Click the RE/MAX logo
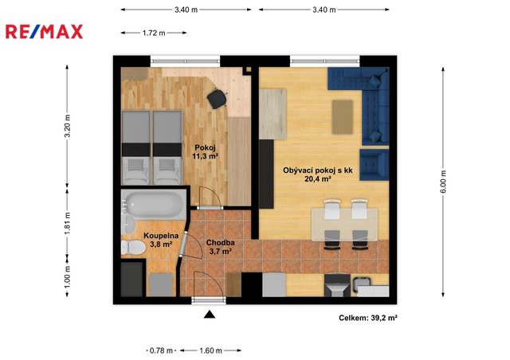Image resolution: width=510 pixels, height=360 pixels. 45,32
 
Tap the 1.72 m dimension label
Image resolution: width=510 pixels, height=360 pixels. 154,33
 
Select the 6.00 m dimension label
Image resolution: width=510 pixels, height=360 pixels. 443,182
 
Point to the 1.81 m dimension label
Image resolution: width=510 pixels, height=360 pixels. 67,223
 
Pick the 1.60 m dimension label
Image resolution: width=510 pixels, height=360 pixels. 210,350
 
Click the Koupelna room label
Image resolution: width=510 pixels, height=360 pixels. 161,236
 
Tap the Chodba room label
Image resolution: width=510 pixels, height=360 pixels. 221,243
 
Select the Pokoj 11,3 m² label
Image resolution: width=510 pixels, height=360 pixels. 206,152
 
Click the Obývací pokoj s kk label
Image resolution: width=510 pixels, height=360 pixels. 318,170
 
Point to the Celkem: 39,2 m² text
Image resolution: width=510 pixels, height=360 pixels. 368,318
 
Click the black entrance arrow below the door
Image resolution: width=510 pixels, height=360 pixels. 210,314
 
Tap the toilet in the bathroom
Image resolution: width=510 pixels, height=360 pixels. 133,248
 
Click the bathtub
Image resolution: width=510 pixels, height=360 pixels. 154,205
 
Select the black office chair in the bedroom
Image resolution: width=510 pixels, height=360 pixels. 217,98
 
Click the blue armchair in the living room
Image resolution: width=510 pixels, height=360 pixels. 375,165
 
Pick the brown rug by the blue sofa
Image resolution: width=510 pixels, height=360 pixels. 343,117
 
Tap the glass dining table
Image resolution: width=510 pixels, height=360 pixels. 344,225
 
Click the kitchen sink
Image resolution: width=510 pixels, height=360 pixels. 362,282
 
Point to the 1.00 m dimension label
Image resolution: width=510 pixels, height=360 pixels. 67,276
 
